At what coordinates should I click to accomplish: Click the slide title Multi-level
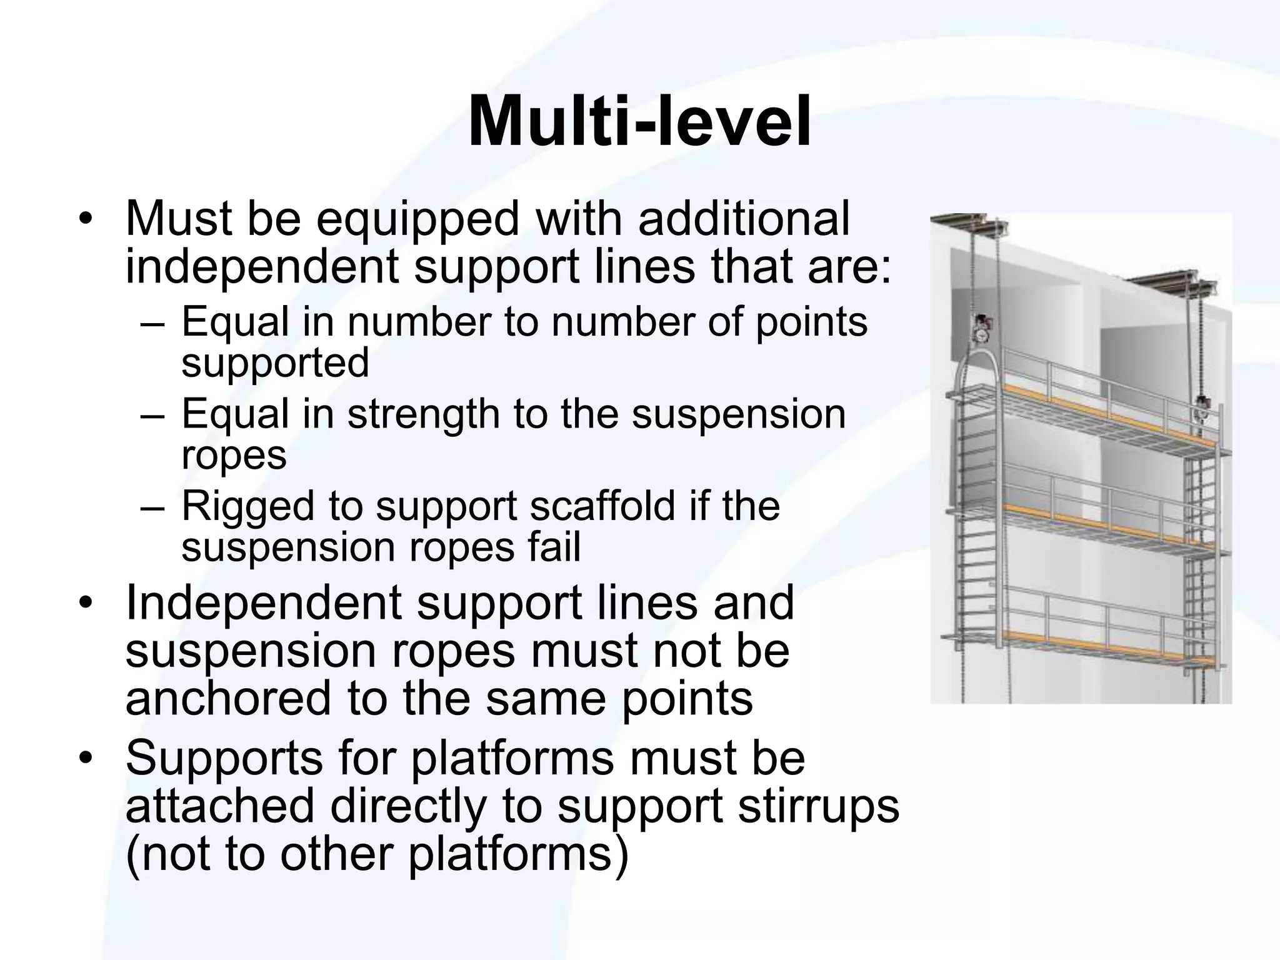coord(639,122)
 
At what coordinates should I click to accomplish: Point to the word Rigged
coord(247,506)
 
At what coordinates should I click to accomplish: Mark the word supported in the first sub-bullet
coord(275,363)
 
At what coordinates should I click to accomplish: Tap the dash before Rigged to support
coord(151,506)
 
